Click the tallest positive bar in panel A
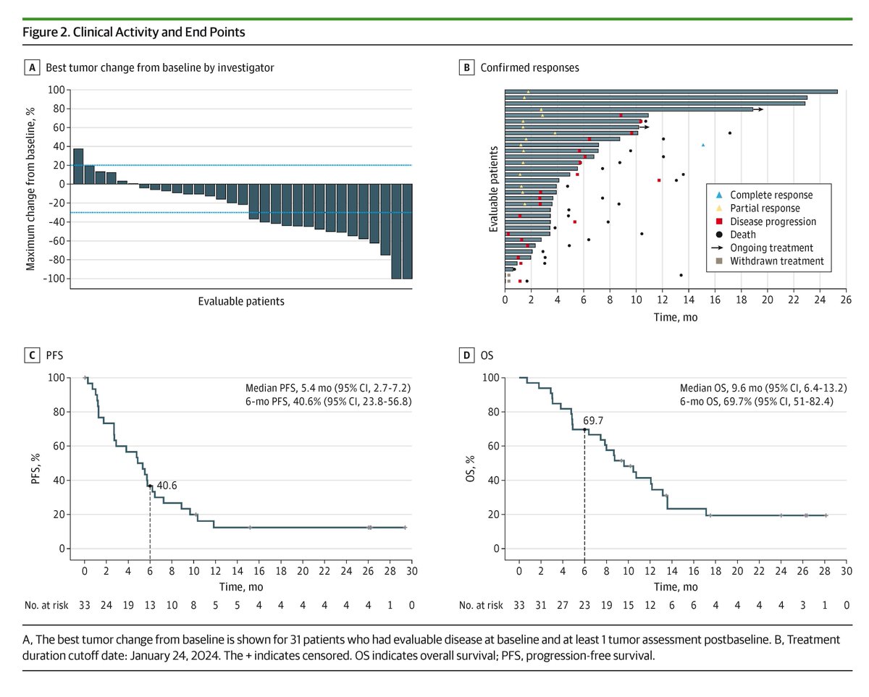pos(78,166)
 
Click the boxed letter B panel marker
pos(466,68)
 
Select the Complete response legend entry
pos(771,195)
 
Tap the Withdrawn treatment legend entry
pos(776,261)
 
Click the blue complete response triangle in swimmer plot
pos(703,145)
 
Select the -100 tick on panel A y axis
pos(55,279)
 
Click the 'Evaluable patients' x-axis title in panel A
pos(241,301)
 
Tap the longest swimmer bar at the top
pos(671,92)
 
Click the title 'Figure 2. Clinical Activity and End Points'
pos(133,33)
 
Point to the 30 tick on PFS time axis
pos(411,571)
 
